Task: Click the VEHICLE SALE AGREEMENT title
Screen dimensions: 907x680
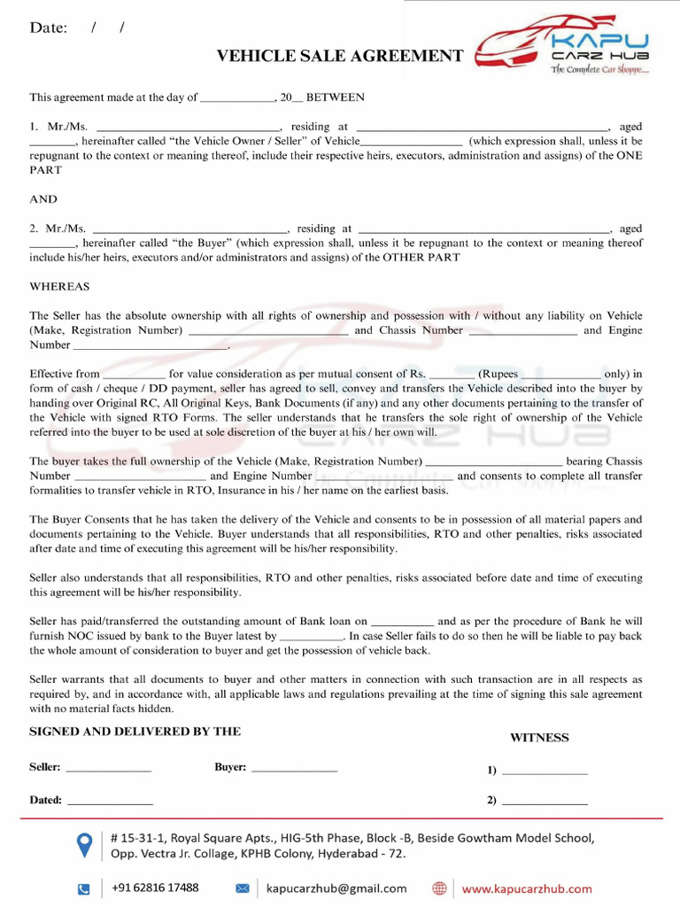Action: pos(340,57)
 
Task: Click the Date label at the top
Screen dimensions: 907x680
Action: pos(49,27)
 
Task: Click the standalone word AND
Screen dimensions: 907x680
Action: pos(43,199)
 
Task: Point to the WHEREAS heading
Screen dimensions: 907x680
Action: pos(59,287)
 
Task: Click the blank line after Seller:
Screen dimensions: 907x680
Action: pos(108,768)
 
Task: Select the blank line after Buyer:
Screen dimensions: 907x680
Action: pos(294,768)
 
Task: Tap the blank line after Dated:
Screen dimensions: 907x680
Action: pos(110,801)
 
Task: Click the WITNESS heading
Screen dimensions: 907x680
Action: pos(539,738)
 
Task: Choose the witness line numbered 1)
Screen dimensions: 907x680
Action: pos(544,771)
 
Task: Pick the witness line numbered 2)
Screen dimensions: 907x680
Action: pos(544,801)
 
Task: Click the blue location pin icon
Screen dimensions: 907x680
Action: pos(85,844)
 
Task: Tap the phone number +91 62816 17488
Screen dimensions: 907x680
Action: pos(155,888)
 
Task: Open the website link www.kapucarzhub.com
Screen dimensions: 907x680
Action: pos(527,888)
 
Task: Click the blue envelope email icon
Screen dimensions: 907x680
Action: pos(243,888)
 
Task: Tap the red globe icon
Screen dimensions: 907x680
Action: pos(439,888)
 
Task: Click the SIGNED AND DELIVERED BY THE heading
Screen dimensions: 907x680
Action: pos(135,732)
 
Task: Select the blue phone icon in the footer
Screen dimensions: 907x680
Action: pos(84,888)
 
